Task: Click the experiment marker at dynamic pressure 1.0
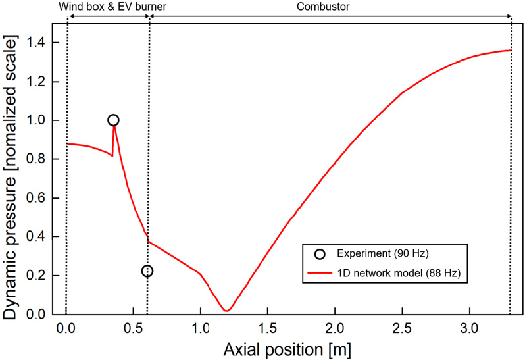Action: point(113,120)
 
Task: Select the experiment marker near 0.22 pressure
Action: point(147,270)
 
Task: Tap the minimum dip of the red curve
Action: point(226,309)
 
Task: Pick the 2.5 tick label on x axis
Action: point(403,327)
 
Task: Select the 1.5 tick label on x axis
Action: point(268,327)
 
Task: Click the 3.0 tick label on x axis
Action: point(469,327)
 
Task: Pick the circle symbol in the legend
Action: point(319,254)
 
